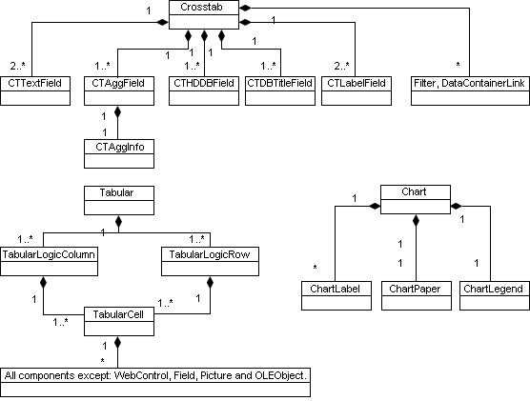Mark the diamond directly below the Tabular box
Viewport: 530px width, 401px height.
tap(118, 222)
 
